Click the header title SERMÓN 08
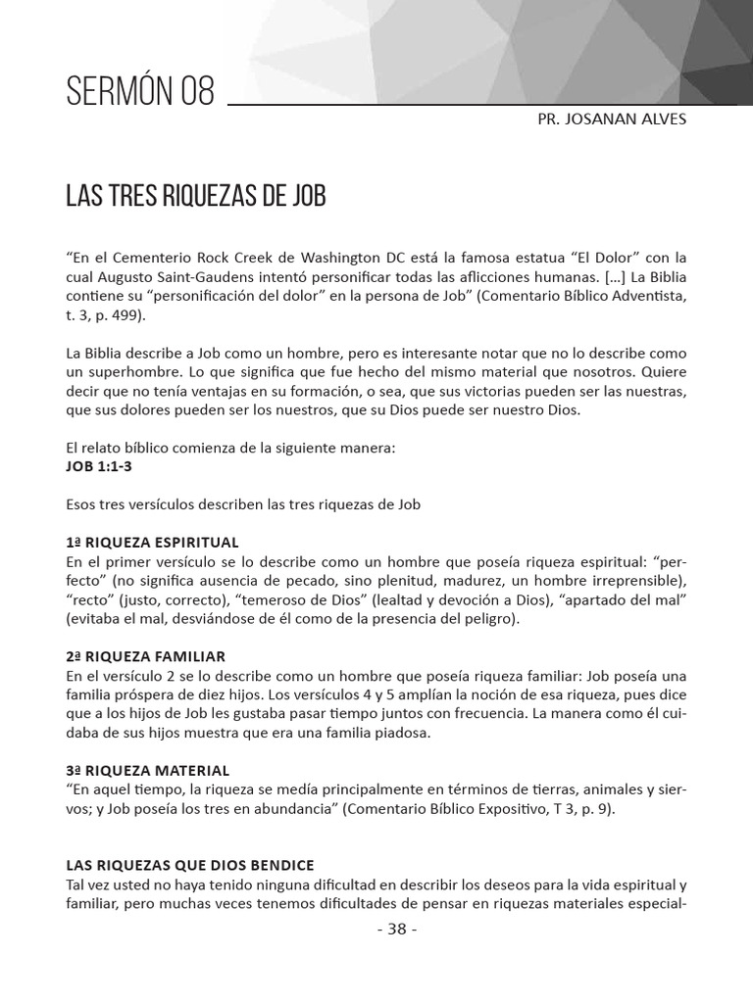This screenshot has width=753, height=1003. pyautogui.click(x=139, y=92)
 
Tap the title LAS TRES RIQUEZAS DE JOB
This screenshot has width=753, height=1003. pyautogui.click(x=195, y=195)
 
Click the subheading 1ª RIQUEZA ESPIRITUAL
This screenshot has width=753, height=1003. pyautogui.click(x=152, y=542)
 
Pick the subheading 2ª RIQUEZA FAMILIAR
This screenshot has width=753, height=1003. pyautogui.click(x=145, y=656)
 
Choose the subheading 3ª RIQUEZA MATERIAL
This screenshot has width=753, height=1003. pyautogui.click(x=147, y=771)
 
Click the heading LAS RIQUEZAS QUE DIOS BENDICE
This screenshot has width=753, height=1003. pyautogui.click(x=189, y=865)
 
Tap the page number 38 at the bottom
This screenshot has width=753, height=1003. pyautogui.click(x=396, y=931)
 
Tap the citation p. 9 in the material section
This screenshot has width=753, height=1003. pyautogui.click(x=596, y=809)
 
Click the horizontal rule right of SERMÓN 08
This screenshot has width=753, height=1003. pyautogui.click(x=480, y=103)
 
